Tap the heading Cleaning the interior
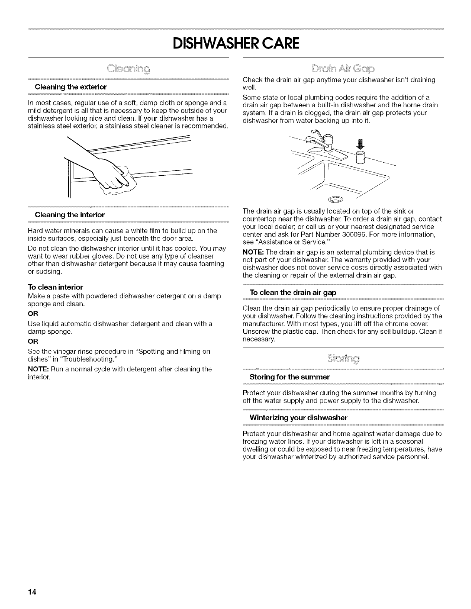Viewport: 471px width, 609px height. coord(69,214)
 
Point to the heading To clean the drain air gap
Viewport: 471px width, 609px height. coord(293,293)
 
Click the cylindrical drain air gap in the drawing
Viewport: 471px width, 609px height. coord(360,157)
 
